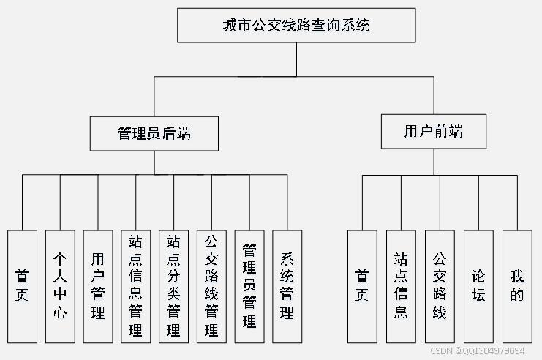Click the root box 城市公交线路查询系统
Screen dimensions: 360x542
(296, 26)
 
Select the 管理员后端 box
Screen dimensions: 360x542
(154, 133)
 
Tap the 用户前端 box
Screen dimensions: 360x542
(434, 132)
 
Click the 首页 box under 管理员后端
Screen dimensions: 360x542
(22, 286)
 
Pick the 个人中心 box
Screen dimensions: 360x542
(60, 286)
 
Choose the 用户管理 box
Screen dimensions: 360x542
(98, 286)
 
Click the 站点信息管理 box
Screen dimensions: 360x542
(136, 286)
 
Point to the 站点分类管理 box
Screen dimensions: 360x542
(174, 286)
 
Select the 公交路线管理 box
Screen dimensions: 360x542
(211, 286)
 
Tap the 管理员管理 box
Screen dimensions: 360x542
(249, 286)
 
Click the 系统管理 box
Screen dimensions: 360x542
(287, 286)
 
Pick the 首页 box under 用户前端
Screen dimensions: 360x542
(362, 286)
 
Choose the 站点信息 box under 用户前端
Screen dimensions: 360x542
(401, 286)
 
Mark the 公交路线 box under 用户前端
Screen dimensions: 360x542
(440, 286)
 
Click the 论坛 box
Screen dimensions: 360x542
(478, 286)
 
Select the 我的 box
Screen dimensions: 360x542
(517, 286)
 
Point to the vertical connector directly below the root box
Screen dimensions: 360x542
(296, 59)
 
